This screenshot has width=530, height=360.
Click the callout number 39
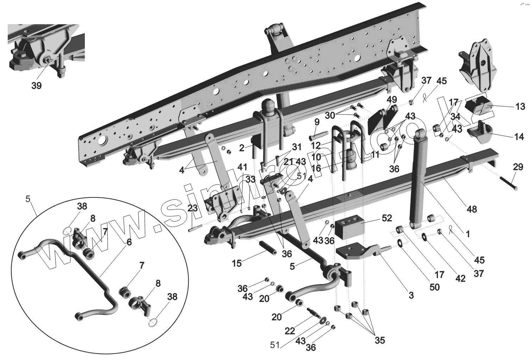[36, 86]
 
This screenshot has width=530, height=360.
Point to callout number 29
[518, 167]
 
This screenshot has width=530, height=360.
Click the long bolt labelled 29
[509, 184]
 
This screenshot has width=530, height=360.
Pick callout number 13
[520, 107]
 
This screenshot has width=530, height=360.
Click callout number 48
[472, 209]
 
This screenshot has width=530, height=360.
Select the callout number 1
[467, 234]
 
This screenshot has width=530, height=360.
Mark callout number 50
[435, 287]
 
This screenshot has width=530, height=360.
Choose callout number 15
[237, 263]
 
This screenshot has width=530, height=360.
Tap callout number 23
[192, 209]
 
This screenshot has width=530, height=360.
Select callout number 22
[290, 331]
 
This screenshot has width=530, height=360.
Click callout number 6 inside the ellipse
[129, 242]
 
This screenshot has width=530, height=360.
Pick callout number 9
[317, 122]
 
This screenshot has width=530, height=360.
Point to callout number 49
[392, 100]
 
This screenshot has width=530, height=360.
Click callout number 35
[380, 340]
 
